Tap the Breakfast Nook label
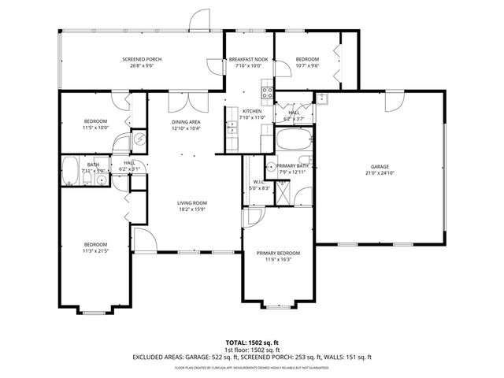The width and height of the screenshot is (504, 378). click(x=248, y=60)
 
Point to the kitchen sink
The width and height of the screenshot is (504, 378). click(x=232, y=126)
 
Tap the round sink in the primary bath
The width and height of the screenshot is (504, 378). click(x=269, y=166)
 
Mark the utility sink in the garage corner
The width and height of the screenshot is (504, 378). click(x=322, y=98)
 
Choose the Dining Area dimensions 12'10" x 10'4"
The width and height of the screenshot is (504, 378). click(x=187, y=128)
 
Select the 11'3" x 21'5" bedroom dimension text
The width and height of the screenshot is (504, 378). click(x=96, y=250)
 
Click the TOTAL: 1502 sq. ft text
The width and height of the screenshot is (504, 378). click(x=253, y=343)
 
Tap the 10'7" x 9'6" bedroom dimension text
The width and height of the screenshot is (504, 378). click(x=307, y=66)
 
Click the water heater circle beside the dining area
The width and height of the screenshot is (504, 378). click(x=139, y=139)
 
